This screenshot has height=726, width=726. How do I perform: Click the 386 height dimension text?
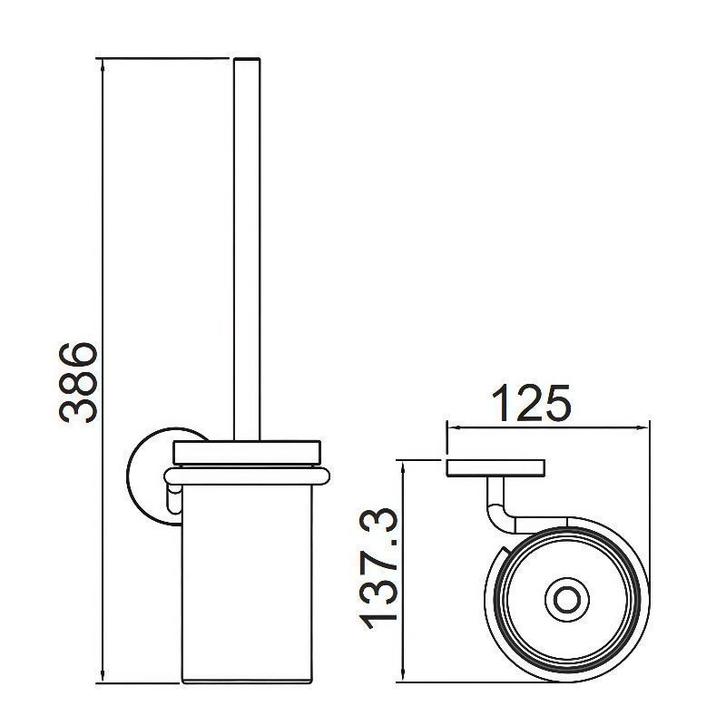[78, 382]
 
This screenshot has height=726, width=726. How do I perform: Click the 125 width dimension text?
[531, 403]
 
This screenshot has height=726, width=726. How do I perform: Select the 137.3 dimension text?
[378, 569]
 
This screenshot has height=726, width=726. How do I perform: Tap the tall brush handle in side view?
[247, 249]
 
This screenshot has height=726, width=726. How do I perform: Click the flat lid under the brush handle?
[247, 452]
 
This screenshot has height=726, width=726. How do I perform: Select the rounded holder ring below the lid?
[247, 476]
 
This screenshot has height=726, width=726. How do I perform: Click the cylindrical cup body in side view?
[247, 584]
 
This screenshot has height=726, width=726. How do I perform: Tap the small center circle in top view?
[566, 600]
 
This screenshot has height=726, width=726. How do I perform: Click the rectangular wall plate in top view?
[495, 468]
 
